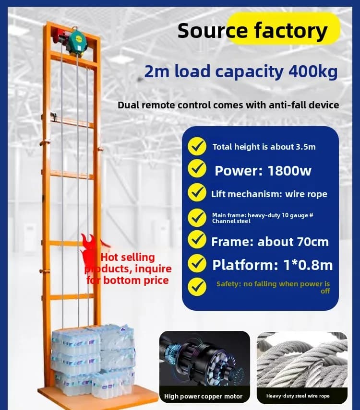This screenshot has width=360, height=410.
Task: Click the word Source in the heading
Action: (212, 31)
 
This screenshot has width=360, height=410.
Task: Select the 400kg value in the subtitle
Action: (313, 71)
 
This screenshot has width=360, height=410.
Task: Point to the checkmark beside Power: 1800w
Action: (197, 169)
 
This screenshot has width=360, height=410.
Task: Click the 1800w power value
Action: (289, 171)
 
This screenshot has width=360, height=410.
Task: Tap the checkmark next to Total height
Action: (197, 146)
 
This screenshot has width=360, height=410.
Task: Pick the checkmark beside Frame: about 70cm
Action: (197, 239)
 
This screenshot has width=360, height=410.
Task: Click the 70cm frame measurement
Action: (311, 242)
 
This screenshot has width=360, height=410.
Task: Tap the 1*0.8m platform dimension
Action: (308, 265)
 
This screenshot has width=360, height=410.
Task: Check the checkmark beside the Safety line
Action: (197, 287)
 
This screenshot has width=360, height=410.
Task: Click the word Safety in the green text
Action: (228, 284)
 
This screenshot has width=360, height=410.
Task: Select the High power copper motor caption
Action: (203, 397)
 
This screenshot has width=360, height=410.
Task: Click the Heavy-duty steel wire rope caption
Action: (298, 396)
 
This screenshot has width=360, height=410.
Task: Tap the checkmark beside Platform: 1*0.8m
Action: (197, 263)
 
